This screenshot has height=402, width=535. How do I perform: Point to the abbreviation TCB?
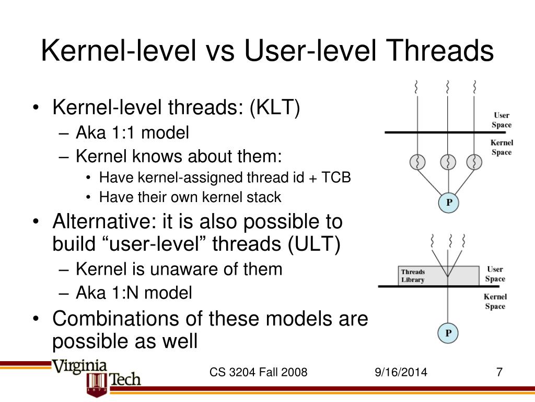pos(335,177)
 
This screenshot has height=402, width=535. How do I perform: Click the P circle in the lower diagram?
pos(448,333)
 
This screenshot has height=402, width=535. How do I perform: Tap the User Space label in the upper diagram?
pos(501,120)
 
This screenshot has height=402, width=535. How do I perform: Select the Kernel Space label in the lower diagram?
pos(495,301)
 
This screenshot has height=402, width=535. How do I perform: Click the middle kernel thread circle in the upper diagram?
pos(448,162)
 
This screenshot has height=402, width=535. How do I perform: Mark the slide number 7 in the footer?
pos(499,373)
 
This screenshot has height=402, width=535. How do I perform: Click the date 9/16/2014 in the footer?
pos(401,373)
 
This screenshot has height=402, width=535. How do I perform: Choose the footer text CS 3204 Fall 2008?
pos(258,373)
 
